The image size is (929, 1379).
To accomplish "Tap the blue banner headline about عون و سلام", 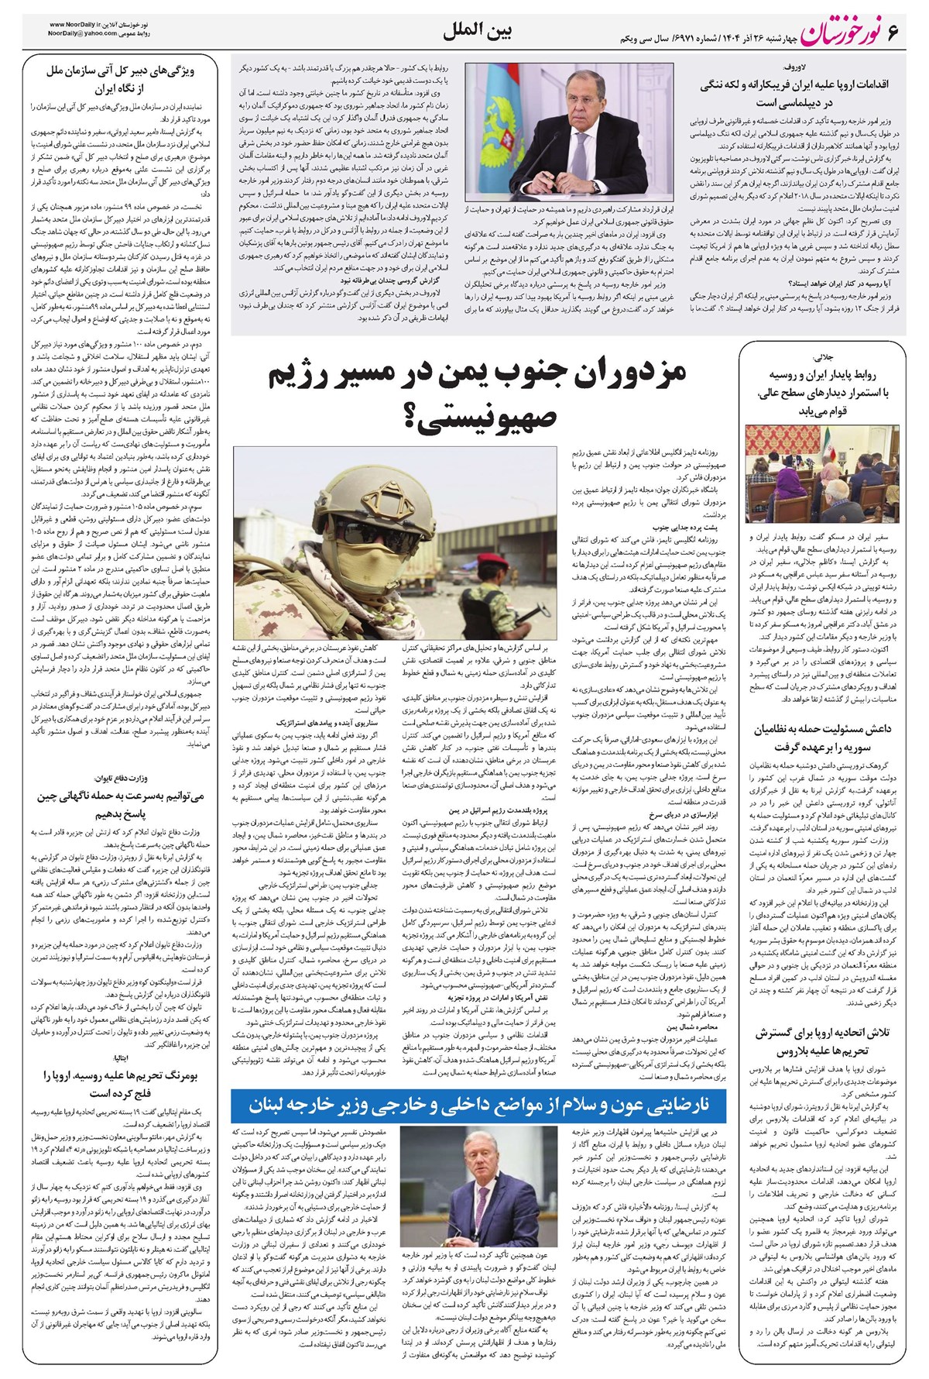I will coord(479,1103).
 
